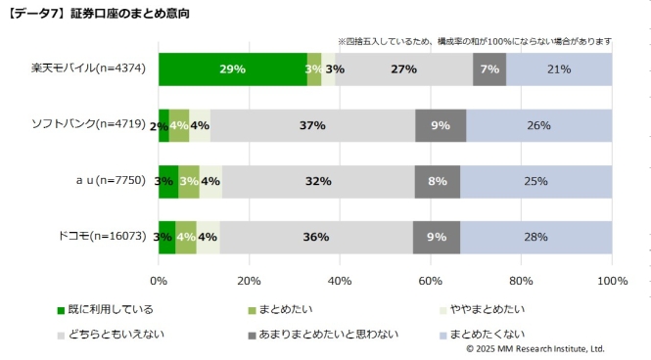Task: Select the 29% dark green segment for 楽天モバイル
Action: (232, 69)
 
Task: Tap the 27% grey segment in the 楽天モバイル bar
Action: (403, 69)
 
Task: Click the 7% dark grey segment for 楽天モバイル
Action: (489, 69)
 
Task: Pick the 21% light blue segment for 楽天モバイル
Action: (559, 69)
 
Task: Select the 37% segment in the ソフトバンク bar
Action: (312, 126)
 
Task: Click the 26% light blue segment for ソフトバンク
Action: (538, 126)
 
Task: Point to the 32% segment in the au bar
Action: (318, 182)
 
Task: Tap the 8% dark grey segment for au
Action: (437, 182)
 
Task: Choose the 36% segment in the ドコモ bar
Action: (315, 238)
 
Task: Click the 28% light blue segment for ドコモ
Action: (535, 238)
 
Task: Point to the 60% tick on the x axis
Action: (431, 282)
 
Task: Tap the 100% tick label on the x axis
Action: (611, 282)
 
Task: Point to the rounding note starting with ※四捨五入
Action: (475, 41)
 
